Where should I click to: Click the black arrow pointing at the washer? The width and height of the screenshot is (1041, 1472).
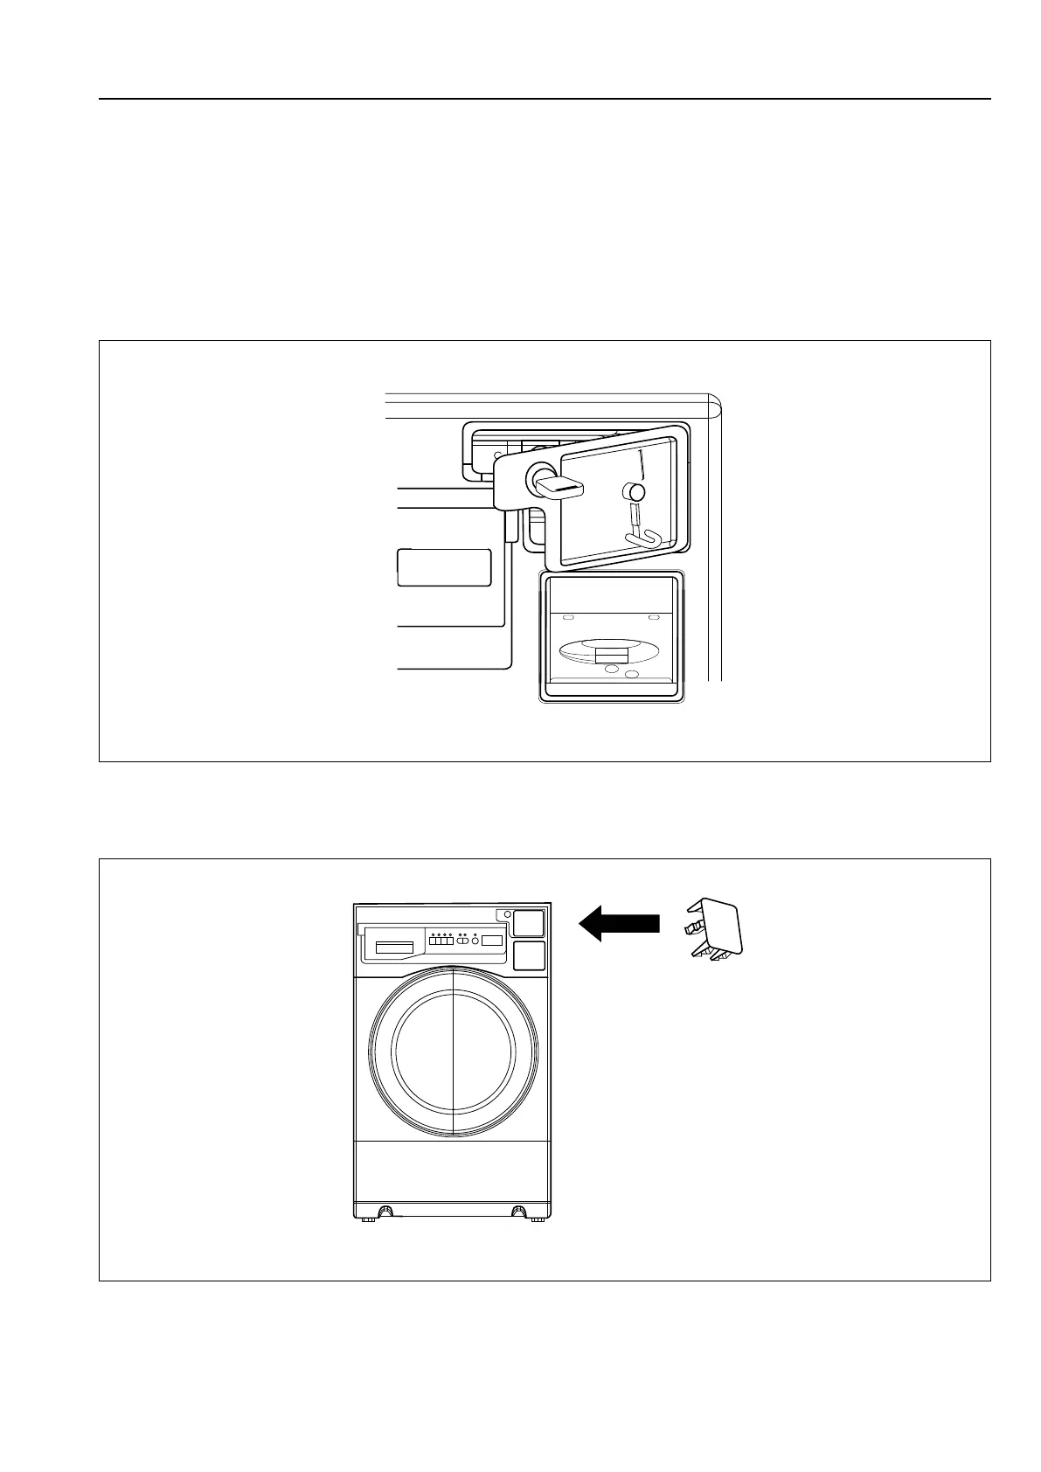619,923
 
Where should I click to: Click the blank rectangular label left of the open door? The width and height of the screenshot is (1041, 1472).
444,568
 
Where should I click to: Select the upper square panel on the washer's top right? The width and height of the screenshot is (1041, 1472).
529,923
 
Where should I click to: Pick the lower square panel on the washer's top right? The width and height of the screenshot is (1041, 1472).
529,955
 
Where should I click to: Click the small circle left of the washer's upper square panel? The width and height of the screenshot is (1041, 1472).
507,914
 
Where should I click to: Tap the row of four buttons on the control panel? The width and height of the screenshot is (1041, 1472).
441,941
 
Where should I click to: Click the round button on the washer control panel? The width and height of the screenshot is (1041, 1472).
475,941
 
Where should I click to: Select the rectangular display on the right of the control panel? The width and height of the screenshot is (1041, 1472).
492,941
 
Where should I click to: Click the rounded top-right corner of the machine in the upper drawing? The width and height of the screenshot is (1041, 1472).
715,401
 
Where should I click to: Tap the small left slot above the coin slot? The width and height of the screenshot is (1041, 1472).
568,617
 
